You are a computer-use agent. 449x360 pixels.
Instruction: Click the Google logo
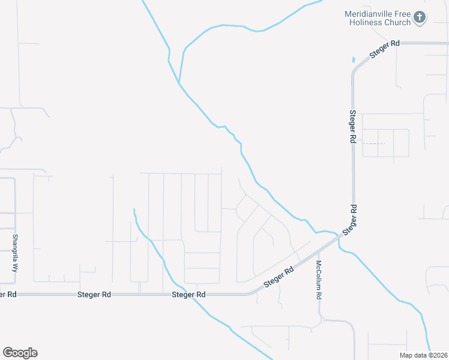20,353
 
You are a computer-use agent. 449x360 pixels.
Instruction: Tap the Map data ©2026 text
424,355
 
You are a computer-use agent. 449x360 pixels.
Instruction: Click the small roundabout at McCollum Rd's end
322,320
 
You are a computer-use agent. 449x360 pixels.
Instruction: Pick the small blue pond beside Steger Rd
354,60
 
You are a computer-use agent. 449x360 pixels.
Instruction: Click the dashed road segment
373,144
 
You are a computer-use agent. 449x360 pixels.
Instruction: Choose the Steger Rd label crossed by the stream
189,295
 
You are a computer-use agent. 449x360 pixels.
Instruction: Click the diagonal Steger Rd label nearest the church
384,49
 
